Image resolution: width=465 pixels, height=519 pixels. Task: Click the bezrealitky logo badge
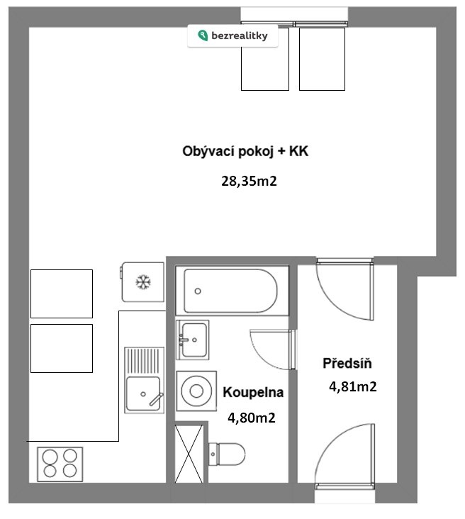tap(232, 35)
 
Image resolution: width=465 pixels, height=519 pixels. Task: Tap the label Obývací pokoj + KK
tap(245, 151)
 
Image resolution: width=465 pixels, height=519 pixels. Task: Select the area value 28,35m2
tap(249, 181)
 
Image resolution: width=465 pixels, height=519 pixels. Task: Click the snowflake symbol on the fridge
tap(143, 282)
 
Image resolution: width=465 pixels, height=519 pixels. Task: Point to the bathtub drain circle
tap(198, 291)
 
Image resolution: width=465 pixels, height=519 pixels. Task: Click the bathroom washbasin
tap(193, 340)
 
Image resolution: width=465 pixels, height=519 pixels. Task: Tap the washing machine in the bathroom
tap(196, 391)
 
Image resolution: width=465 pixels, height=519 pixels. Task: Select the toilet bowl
tap(227, 454)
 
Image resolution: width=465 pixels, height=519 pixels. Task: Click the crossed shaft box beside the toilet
tap(189, 454)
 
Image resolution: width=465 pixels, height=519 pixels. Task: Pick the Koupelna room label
tap(253, 392)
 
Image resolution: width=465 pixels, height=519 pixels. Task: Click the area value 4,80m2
tap(252, 418)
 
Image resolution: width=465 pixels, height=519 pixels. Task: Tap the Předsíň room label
tap(347, 363)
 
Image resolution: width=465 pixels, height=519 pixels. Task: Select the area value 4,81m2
tap(353, 386)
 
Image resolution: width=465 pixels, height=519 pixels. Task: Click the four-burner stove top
tap(60, 464)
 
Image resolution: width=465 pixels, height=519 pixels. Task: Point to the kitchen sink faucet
tap(156, 399)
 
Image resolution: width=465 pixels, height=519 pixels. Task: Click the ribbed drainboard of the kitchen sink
tap(144, 361)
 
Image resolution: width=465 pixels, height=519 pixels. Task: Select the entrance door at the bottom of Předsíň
tap(344, 455)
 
